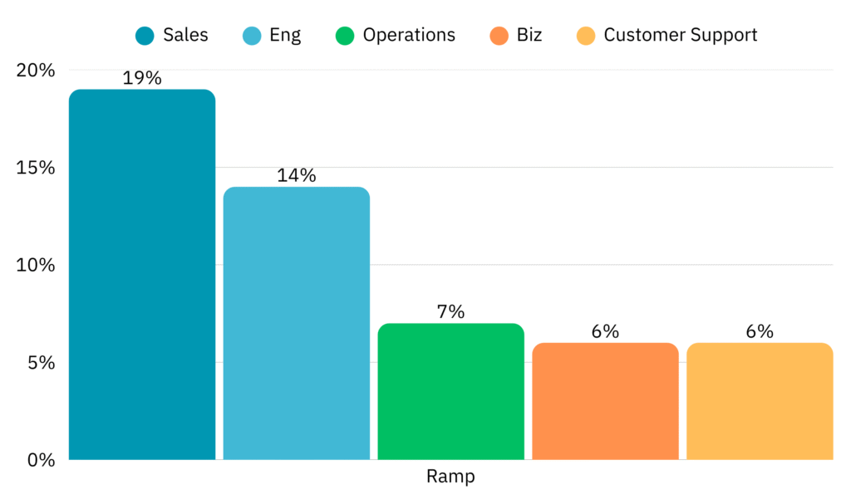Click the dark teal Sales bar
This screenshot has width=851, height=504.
point(142,274)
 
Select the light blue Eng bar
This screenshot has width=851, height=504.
point(297,323)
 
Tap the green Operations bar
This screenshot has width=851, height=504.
point(451,391)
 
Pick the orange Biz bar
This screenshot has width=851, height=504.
point(605,401)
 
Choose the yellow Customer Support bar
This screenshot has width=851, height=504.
point(760,401)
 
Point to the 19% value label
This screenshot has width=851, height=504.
point(142,79)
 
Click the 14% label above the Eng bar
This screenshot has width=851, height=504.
point(297,176)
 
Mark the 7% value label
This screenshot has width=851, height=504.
point(451,312)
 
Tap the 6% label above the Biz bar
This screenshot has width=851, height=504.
point(605,331)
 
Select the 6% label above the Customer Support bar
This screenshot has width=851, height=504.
point(760,331)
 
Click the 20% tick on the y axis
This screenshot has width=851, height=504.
point(36,71)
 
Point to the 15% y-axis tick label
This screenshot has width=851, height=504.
point(36,168)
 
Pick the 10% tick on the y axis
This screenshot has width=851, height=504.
point(36,266)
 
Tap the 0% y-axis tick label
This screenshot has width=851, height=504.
point(40,460)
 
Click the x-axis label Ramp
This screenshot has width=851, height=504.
point(450,477)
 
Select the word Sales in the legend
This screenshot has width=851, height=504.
point(185,35)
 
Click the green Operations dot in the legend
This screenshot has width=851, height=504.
point(345,36)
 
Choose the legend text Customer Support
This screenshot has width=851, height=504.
point(681,35)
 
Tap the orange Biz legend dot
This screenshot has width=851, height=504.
point(499,36)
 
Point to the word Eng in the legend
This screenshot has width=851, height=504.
point(285,36)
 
